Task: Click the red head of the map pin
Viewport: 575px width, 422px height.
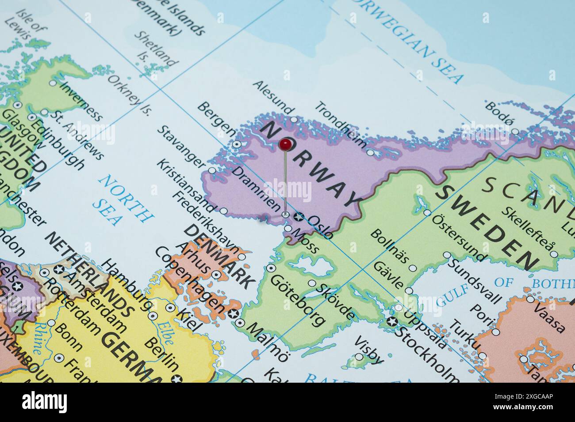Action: point(285,144)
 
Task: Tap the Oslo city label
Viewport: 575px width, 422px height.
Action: point(319,226)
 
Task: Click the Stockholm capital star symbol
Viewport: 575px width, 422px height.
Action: point(391,321)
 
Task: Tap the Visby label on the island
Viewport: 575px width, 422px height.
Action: point(369,350)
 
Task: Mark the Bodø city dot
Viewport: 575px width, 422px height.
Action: point(514,132)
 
